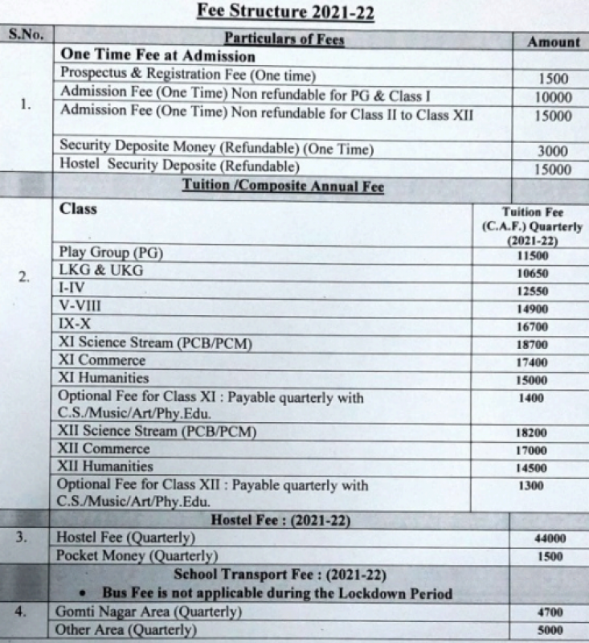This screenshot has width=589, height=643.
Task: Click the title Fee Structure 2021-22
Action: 295,12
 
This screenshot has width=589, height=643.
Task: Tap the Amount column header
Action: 553,42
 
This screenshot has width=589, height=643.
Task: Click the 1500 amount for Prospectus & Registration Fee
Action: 553,79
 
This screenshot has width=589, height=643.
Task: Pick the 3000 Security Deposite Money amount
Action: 553,151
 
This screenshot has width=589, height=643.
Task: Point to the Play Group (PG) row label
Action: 111,252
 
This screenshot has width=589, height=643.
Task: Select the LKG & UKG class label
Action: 101,271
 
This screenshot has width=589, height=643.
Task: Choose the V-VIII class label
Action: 80,306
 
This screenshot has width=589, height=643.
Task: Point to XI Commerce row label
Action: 102,360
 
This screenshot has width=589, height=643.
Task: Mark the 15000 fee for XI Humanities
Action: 531,380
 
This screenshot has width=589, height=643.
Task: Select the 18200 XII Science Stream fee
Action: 531,432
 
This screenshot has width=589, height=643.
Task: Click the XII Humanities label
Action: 105,466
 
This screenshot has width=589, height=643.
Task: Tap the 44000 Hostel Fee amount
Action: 550,539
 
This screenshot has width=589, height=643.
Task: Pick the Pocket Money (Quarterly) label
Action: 137,555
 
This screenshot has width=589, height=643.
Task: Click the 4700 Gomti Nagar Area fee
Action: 550,612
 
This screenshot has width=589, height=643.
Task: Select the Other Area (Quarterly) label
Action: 125,630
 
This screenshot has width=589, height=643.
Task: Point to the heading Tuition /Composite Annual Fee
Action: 283,187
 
